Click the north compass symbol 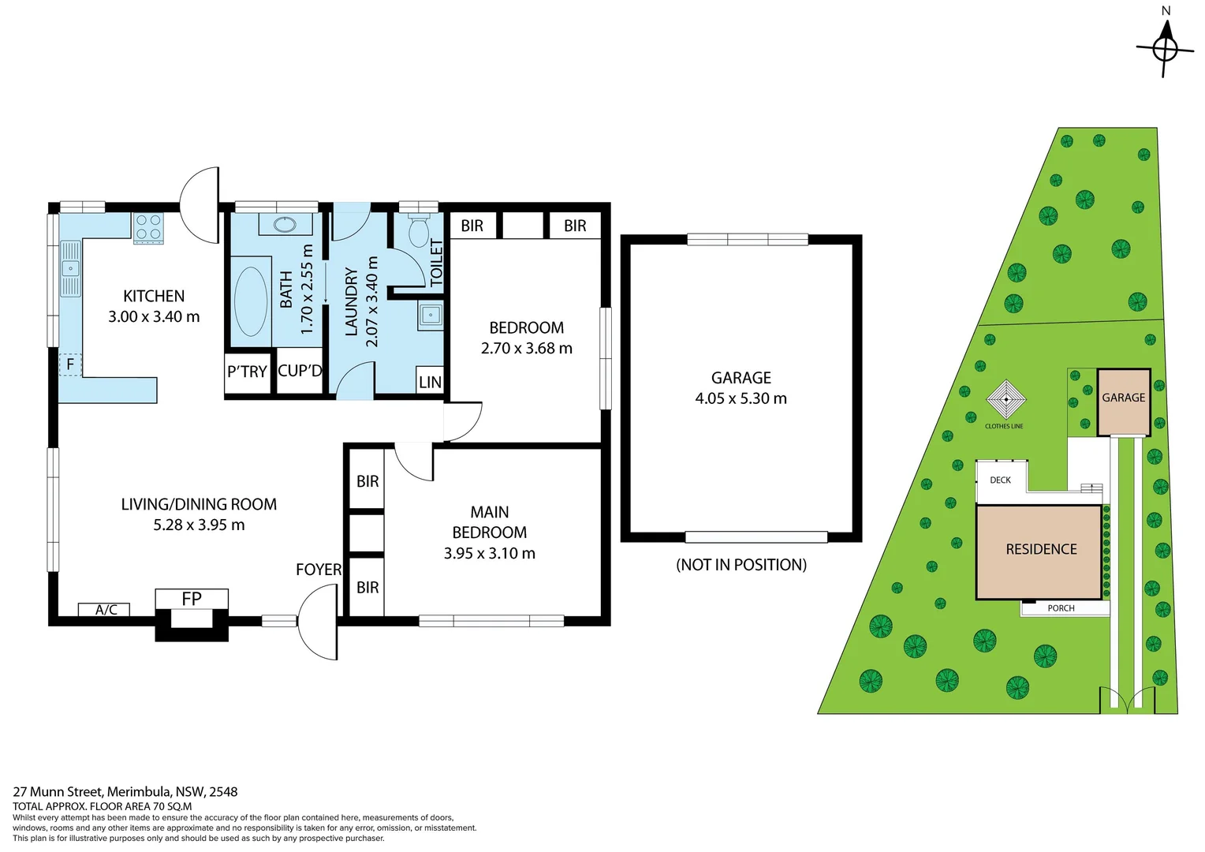[1165, 47]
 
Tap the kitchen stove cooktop [147, 228]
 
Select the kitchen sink [70, 269]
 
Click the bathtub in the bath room [251, 301]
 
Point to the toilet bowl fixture [418, 232]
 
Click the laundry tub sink [431, 315]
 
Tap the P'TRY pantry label [247, 372]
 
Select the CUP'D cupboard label [300, 371]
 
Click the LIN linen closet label [430, 382]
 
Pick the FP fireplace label [192, 599]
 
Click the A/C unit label [106, 610]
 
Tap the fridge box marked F [70, 364]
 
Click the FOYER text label [319, 570]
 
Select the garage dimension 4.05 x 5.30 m [741, 398]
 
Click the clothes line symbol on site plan [1005, 400]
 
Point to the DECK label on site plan [1000, 480]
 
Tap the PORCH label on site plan [1061, 608]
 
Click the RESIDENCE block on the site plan [1039, 551]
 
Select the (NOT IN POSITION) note [741, 565]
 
